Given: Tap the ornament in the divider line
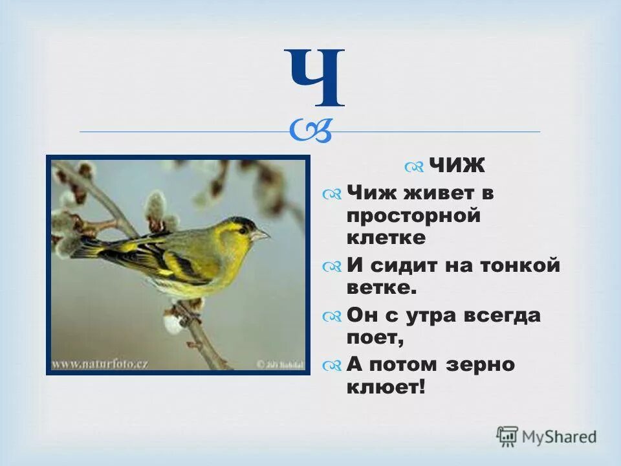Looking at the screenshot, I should (x=311, y=131).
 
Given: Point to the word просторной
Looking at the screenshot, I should (x=413, y=215).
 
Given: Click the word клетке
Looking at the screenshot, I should (x=386, y=238).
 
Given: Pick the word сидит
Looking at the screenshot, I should (x=403, y=265).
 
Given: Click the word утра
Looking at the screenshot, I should (x=422, y=315).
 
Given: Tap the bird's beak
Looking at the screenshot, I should (x=262, y=235).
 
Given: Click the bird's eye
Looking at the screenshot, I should (x=242, y=228).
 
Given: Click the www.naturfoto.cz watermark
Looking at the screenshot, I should (x=100, y=363).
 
